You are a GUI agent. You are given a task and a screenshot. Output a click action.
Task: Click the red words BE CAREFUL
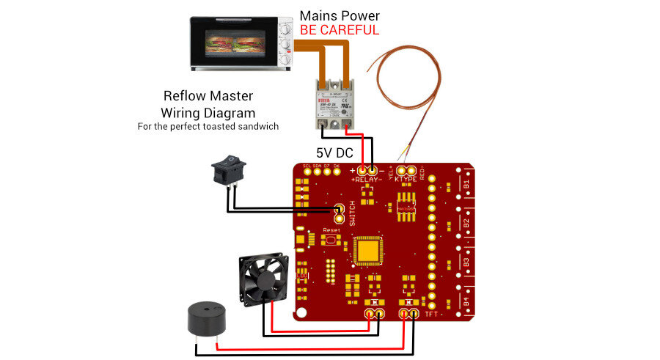tap(340, 30)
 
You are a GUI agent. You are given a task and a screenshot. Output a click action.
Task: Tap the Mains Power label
tap(340, 15)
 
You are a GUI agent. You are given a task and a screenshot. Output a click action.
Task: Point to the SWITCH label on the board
tap(352, 213)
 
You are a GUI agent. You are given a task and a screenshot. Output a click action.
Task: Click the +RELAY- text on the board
tap(367, 179)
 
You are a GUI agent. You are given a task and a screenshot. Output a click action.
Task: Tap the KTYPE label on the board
tap(406, 179)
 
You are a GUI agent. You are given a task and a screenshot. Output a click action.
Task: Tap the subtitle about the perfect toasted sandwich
tap(208, 126)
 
